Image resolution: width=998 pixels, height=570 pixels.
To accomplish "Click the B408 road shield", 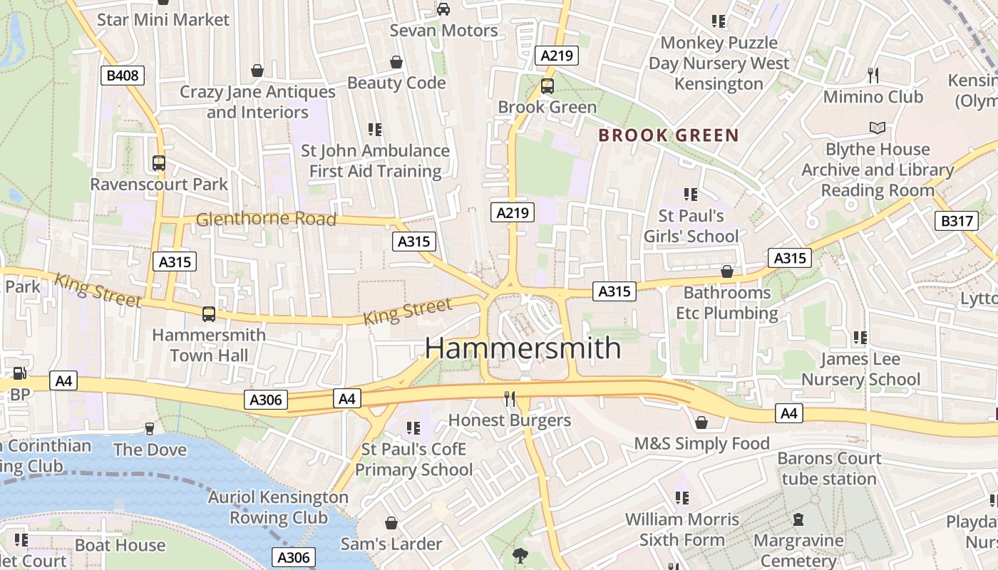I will click(123, 76).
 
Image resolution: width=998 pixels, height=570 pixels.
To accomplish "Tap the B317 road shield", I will click(956, 221).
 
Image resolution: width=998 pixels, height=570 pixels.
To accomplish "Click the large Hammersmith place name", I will click(523, 348).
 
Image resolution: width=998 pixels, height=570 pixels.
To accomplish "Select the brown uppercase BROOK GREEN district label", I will click(668, 135).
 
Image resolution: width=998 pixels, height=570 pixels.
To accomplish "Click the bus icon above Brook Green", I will click(547, 86).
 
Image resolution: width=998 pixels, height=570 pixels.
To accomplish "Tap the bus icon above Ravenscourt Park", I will click(159, 163).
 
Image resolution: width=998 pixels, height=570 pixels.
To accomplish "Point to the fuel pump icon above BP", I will click(19, 373).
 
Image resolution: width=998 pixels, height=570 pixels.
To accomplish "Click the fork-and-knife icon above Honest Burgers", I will click(510, 399).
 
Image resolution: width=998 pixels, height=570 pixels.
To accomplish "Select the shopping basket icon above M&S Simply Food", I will click(701, 423).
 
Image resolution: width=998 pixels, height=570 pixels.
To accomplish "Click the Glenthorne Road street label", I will click(265, 219).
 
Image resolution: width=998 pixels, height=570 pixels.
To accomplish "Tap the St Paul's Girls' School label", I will click(691, 226).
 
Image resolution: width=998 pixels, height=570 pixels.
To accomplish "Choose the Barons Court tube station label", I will click(829, 468).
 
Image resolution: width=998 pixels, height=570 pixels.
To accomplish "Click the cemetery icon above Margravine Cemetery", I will click(798, 519).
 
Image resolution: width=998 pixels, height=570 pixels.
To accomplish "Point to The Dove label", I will click(150, 450).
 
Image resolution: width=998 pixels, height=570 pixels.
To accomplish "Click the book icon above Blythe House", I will click(877, 128).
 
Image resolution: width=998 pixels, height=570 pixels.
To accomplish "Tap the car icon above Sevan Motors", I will click(443, 9).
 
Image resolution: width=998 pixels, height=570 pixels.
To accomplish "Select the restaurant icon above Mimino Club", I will click(873, 75).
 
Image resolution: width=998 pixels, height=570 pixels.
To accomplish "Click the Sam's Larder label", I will click(391, 544).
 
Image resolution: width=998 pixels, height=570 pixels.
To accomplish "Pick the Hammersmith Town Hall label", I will click(209, 345).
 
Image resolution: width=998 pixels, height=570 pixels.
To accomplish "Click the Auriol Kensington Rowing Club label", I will click(278, 507).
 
